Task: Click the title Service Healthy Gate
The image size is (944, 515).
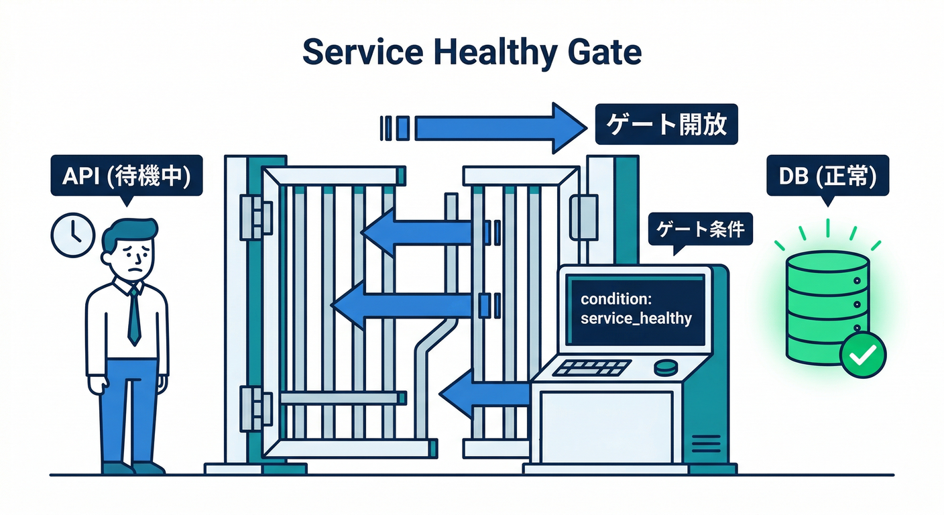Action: click(x=471, y=52)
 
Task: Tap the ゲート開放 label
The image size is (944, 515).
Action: click(x=666, y=124)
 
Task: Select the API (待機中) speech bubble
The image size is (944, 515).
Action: click(x=126, y=176)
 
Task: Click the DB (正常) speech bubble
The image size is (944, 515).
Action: click(x=828, y=176)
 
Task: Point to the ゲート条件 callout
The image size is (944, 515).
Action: click(x=700, y=230)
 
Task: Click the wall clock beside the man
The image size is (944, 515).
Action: click(x=73, y=235)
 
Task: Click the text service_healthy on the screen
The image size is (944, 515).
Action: click(x=636, y=317)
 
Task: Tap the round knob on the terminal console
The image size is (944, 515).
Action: click(x=666, y=366)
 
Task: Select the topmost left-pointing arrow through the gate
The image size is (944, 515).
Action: click(x=416, y=231)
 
